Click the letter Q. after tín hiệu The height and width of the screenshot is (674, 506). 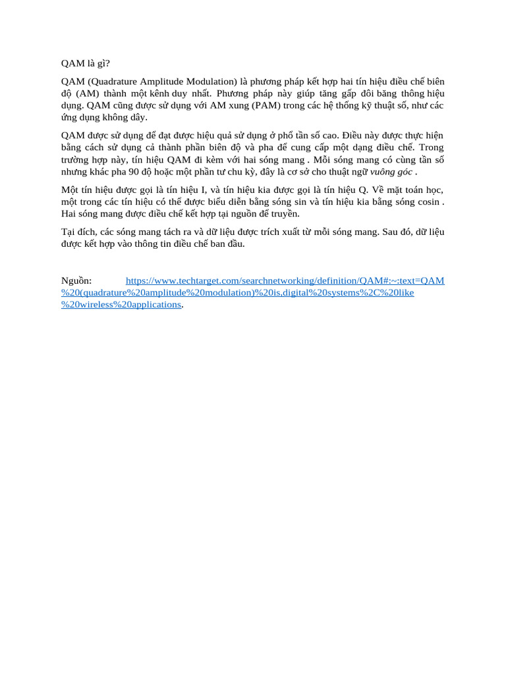pyautogui.click(x=362, y=190)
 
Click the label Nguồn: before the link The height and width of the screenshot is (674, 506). pyautogui.click(x=76, y=281)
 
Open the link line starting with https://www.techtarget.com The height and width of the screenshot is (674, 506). pyautogui.click(x=285, y=281)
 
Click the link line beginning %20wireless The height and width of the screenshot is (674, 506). pyautogui.click(x=121, y=305)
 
